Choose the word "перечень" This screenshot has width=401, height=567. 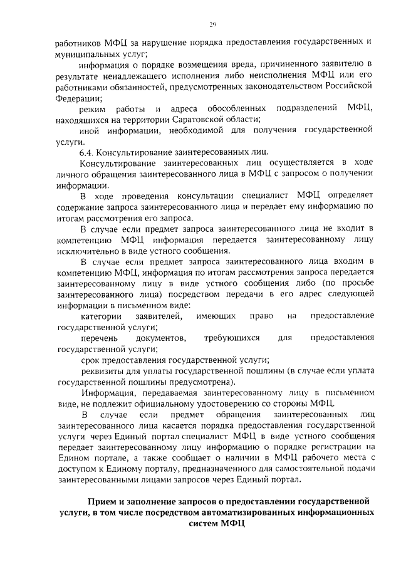click(x=100, y=338)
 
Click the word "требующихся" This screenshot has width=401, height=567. click(x=231, y=338)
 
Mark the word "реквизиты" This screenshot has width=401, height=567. click(x=102, y=370)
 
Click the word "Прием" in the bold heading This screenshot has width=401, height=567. click(x=102, y=502)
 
